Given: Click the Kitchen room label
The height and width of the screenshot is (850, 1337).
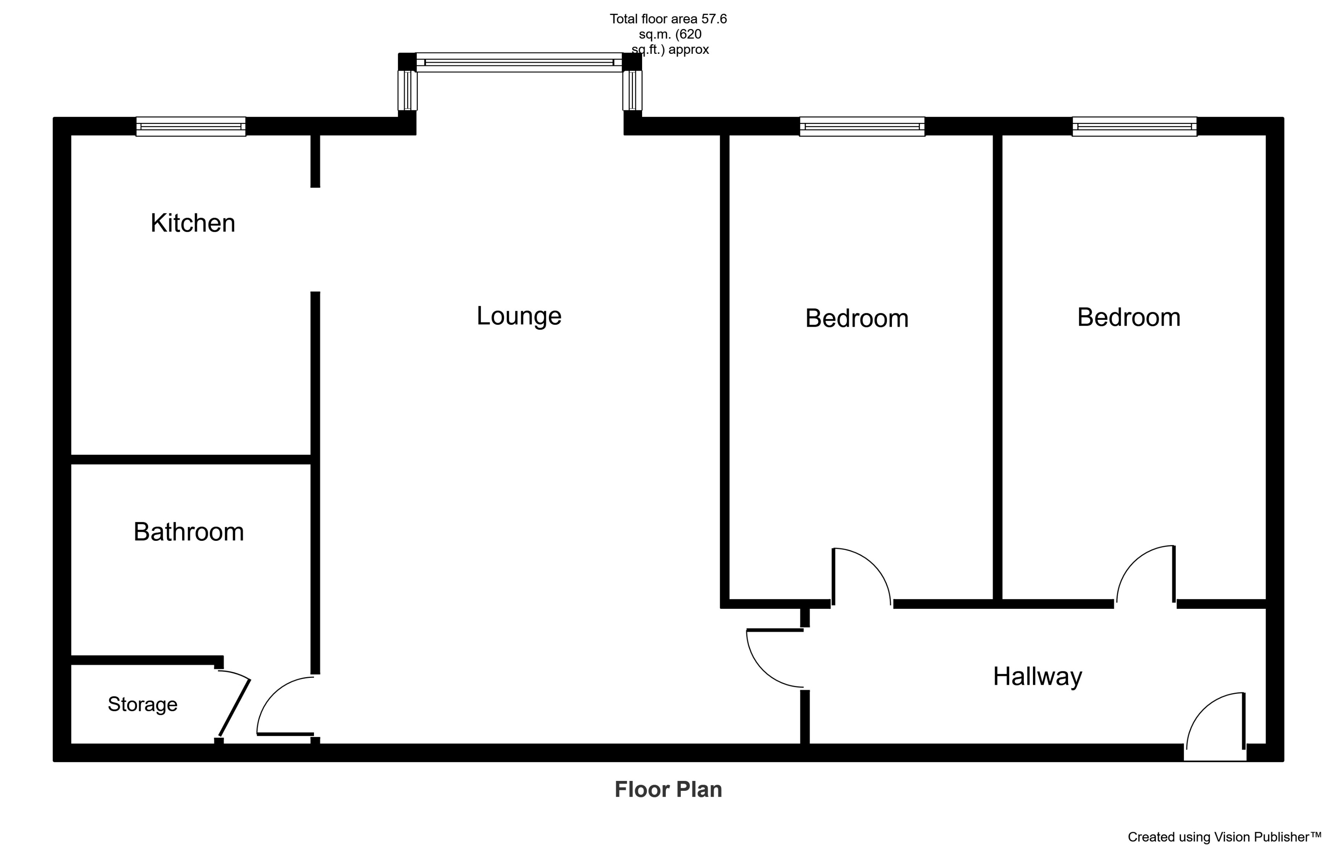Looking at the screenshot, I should (x=193, y=224).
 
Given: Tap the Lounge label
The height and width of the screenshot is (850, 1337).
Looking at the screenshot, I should (x=519, y=316).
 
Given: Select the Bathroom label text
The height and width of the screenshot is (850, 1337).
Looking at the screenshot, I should (x=188, y=532).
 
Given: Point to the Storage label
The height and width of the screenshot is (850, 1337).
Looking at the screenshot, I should (x=143, y=705).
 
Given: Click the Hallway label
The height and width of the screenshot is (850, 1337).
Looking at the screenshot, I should (x=1037, y=677).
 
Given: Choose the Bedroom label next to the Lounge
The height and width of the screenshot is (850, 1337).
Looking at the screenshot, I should (x=857, y=318).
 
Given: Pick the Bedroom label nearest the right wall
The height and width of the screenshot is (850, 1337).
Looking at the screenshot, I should (x=1128, y=317).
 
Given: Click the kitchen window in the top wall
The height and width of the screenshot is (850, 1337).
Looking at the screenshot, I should (x=191, y=126).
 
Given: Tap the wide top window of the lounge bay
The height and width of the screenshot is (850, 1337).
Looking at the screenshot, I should (x=519, y=62).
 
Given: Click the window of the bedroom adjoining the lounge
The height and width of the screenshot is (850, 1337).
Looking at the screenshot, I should (x=862, y=126).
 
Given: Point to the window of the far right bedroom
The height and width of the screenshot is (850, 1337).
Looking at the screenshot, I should (x=1134, y=126).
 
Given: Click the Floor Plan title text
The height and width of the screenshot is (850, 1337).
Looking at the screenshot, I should (x=668, y=790).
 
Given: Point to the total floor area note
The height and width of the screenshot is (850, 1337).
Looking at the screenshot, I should (x=668, y=34).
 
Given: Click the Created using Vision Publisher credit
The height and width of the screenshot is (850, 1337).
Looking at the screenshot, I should (x=1224, y=837).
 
